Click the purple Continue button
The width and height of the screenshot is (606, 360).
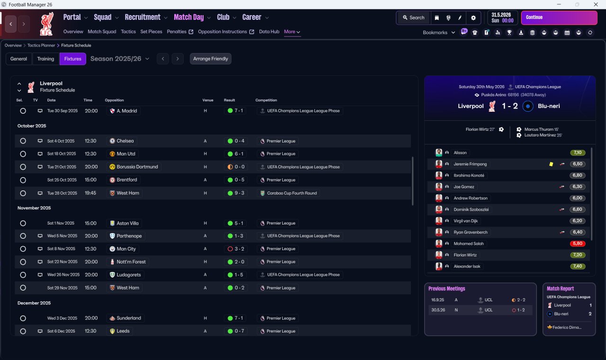tap(559, 18)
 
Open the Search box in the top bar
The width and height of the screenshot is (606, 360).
tap(414, 18)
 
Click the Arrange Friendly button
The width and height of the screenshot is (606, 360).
tap(211, 59)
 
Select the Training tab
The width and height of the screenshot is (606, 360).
tap(45, 59)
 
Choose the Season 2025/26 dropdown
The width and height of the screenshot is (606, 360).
tap(120, 59)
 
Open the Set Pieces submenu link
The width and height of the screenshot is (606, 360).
tap(151, 32)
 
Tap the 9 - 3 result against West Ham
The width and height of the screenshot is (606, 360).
tap(236, 193)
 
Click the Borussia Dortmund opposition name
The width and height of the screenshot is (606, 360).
tap(137, 167)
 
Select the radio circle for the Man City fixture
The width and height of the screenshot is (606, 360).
tap(23, 249)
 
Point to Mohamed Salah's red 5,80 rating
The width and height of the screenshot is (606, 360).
tap(578, 243)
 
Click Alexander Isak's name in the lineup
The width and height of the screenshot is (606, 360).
tap(467, 266)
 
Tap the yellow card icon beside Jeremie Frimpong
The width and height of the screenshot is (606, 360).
tap(551, 164)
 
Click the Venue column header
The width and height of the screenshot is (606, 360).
tap(208, 100)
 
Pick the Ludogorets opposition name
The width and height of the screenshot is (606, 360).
tap(129, 275)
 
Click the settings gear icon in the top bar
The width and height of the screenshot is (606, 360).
tap(473, 18)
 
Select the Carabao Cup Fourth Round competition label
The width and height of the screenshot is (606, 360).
tap(292, 193)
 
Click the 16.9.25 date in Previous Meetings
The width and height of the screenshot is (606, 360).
tap(437, 300)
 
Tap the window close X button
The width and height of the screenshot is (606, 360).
tap(596, 4)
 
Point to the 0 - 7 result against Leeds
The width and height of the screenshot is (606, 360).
tap(236, 331)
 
